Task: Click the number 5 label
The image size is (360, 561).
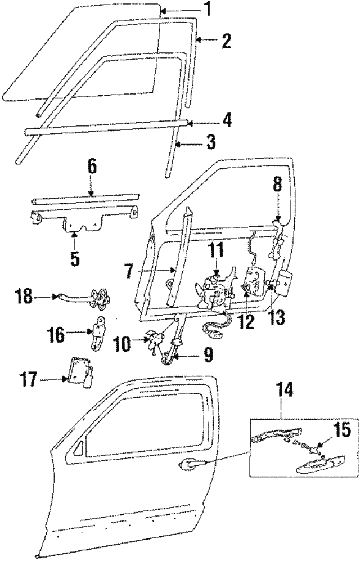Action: (74, 260)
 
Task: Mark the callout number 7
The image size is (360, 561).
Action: (128, 272)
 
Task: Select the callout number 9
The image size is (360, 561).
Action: (207, 354)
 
